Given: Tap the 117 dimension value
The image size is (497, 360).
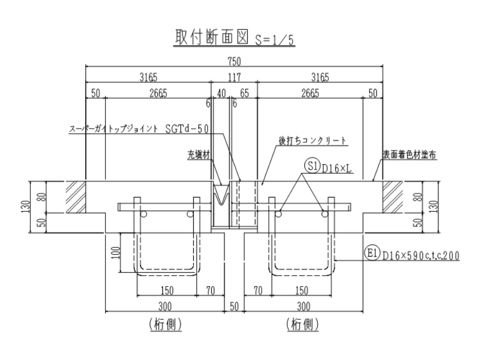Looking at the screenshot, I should click(234, 78).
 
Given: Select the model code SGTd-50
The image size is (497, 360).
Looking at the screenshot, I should click(187, 129).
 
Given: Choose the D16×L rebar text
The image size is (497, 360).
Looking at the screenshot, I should click(336, 168).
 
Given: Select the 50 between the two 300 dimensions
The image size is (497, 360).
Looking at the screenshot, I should click(234, 307).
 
